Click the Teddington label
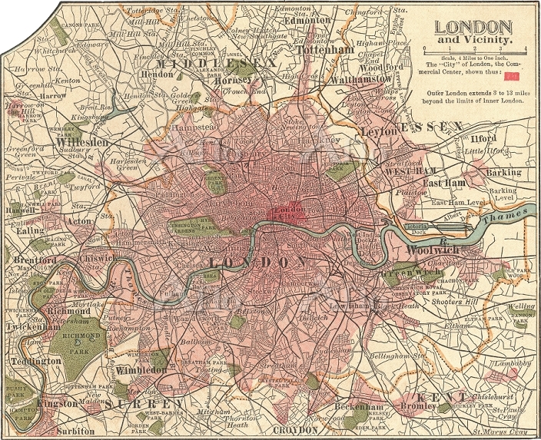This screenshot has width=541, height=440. coord(32,360)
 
